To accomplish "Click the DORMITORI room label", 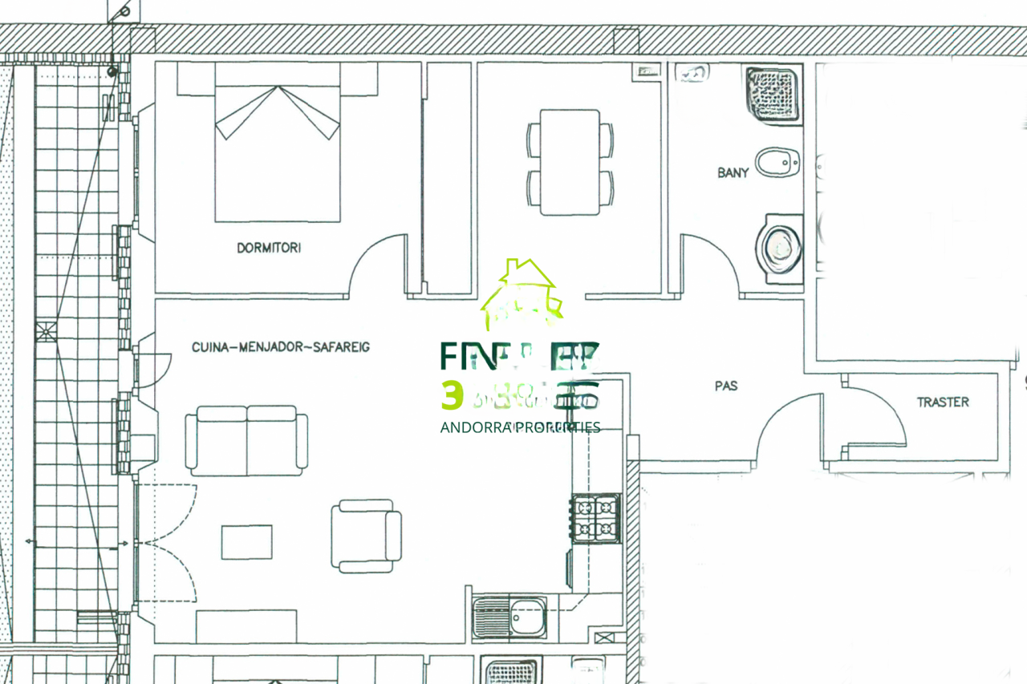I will tap(269, 248).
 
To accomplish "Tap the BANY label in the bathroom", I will tap(733, 172).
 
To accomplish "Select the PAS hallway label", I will tap(726, 386).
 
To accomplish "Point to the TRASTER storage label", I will tap(943, 402).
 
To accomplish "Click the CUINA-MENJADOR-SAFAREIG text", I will tap(281, 347).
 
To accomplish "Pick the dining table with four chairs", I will tap(570, 162).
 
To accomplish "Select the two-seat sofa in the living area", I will tap(246, 440).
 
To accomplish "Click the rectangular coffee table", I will tap(246, 541).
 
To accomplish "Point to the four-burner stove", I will tap(595, 518).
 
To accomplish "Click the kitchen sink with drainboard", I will tap(510, 617).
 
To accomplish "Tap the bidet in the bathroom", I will tap(777, 163).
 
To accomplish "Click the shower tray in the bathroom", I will tap(773, 94).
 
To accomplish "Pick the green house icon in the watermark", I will tap(522, 294).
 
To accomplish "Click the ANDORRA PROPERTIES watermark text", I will tap(520, 427).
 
